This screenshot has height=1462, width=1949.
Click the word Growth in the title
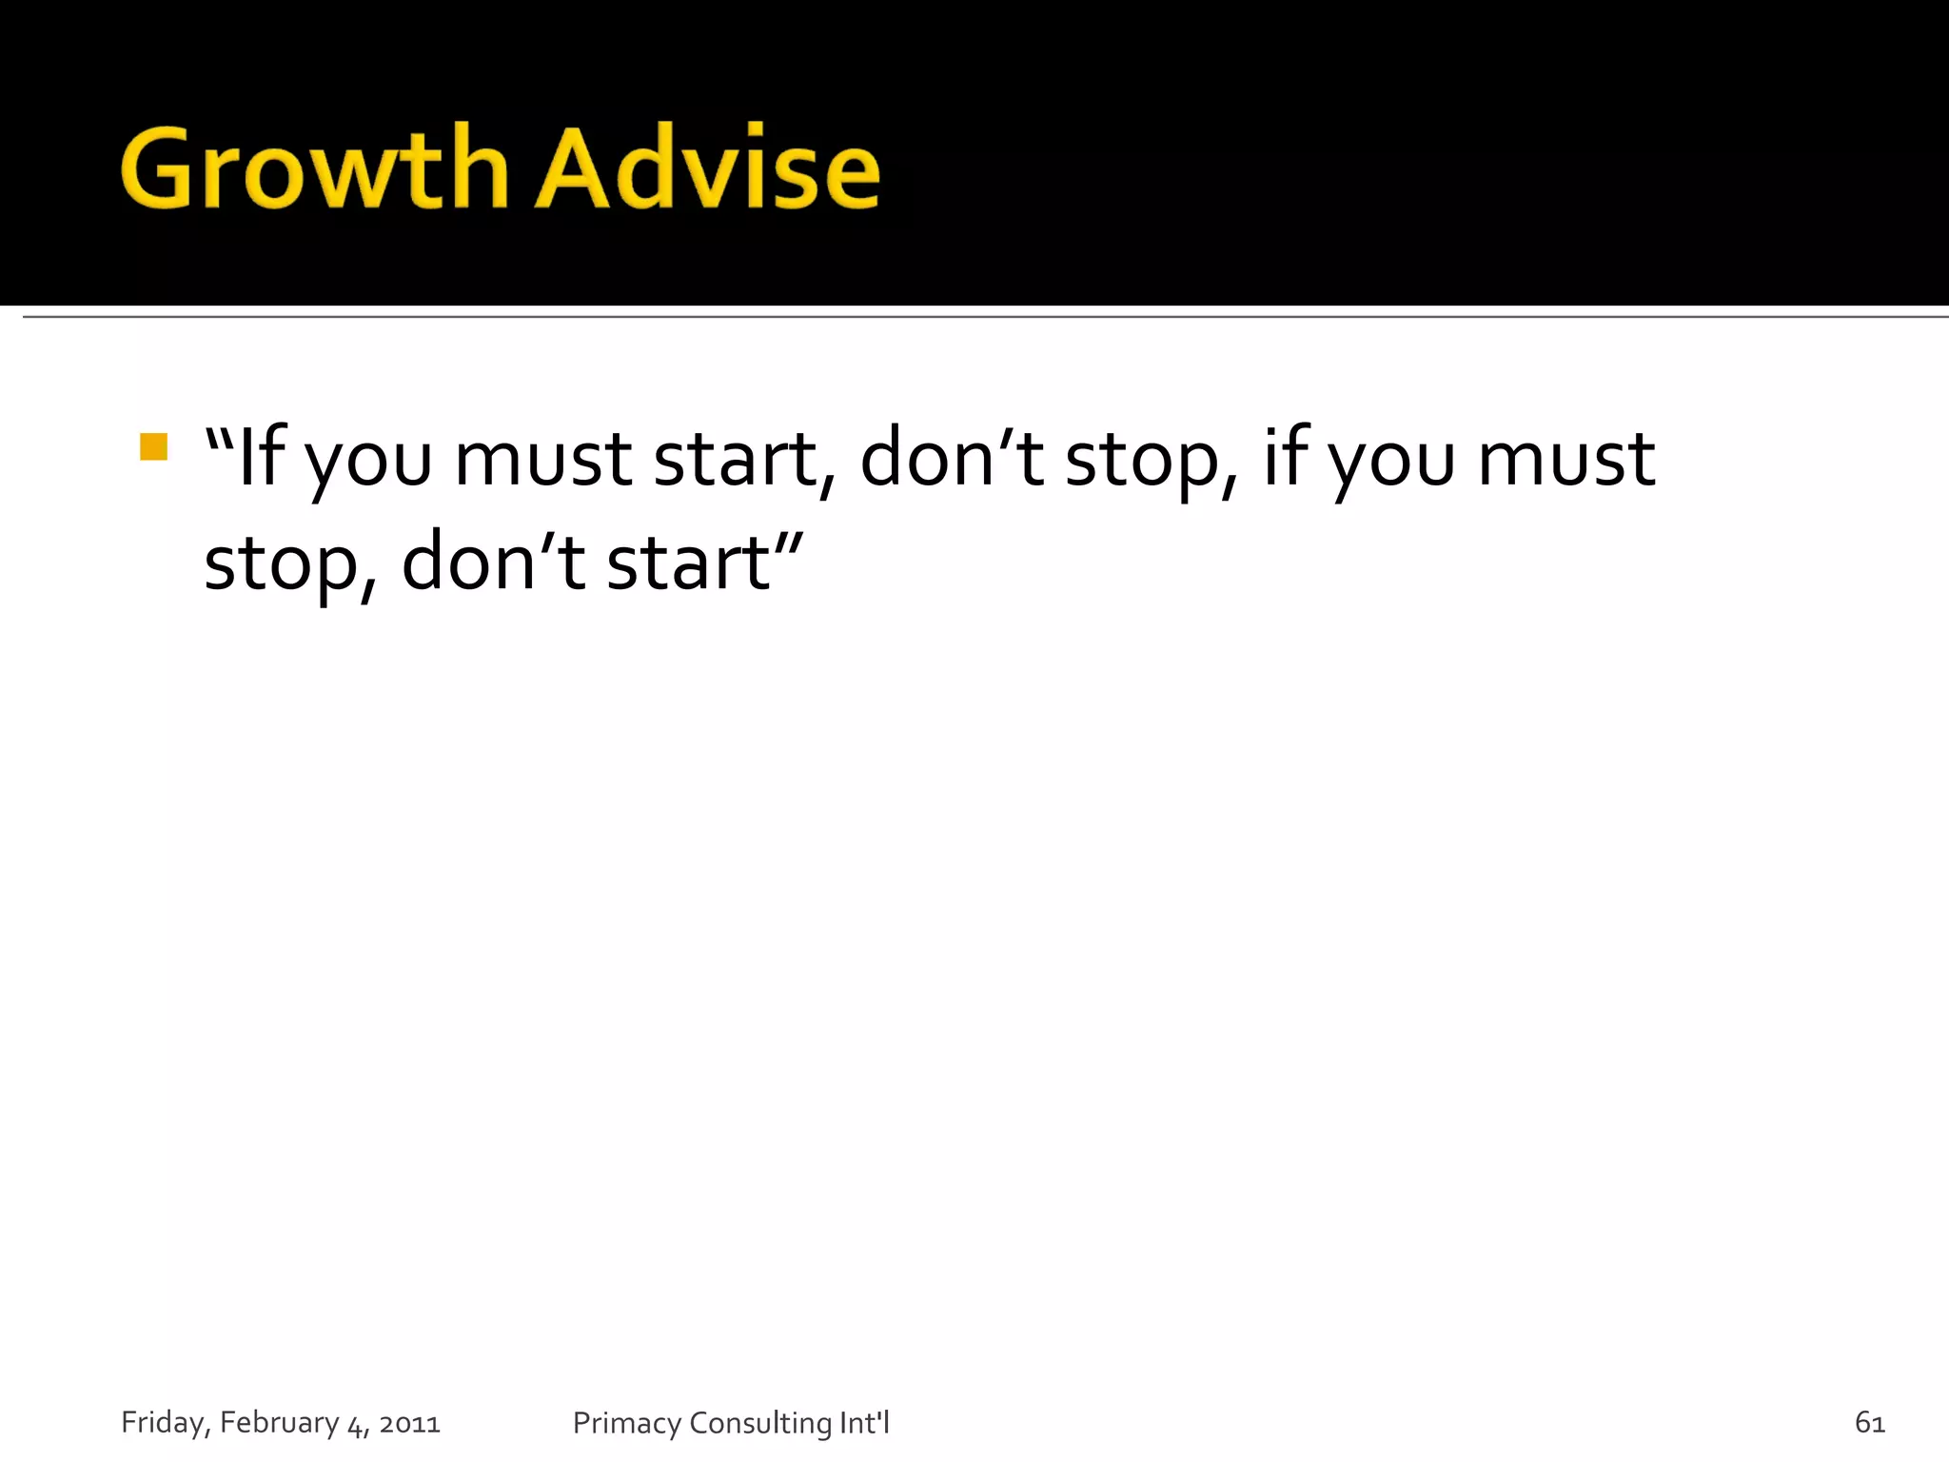[314, 169]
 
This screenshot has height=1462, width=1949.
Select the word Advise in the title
[708, 169]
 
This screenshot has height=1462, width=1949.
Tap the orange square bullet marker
[153, 447]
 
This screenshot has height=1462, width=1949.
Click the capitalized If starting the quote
[262, 459]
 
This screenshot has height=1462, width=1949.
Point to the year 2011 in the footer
[409, 1424]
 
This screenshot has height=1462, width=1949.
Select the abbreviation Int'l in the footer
[864, 1422]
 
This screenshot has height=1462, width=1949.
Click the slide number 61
[1869, 1423]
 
